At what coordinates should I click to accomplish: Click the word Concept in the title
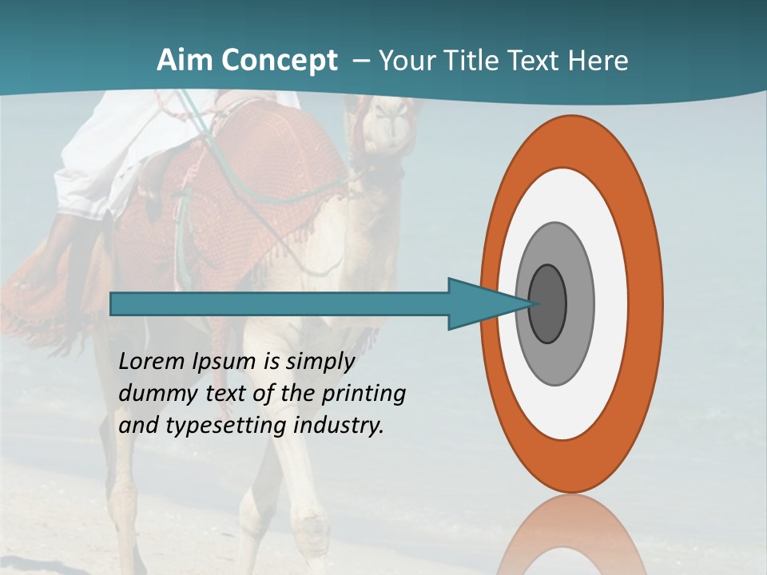coord(278,61)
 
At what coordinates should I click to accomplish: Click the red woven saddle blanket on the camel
coord(264,176)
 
